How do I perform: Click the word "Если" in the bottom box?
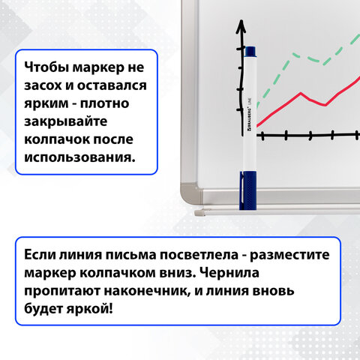click(42, 254)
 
